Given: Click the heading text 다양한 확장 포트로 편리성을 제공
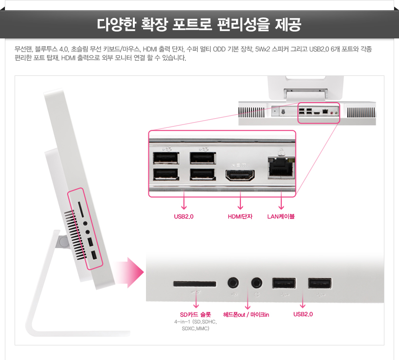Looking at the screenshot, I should click(x=199, y=23).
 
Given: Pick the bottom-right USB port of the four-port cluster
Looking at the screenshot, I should click(x=203, y=175).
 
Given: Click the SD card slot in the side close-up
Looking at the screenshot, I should click(x=195, y=283).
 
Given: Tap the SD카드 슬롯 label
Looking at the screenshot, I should click(x=195, y=314).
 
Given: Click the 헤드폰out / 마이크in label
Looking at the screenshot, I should click(x=246, y=315).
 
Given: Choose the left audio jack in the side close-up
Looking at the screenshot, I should click(x=234, y=283).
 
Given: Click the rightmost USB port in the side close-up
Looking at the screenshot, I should click(x=320, y=283).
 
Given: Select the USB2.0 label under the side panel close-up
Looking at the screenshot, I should click(x=303, y=314).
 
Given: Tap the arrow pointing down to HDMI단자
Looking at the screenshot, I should click(x=240, y=203).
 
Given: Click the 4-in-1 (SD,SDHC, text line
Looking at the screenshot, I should click(x=195, y=322).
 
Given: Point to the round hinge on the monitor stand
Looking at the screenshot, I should click(x=61, y=241).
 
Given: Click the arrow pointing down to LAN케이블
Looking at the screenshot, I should click(x=282, y=203).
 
